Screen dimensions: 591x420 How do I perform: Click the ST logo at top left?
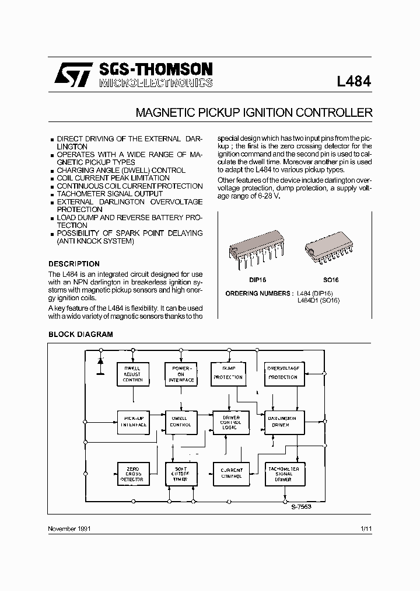pyautogui.click(x=73, y=75)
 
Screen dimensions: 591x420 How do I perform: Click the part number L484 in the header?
pyautogui.click(x=353, y=82)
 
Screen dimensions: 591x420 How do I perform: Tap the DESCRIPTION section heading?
pyautogui.click(x=74, y=264)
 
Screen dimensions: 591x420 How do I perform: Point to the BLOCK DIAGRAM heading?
pyautogui.click(x=80, y=335)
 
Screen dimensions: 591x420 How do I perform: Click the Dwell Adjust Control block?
pyautogui.click(x=133, y=374)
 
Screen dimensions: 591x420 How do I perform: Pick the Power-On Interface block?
pyautogui.click(x=181, y=374)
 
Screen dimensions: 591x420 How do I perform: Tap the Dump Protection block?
pyautogui.click(x=228, y=374)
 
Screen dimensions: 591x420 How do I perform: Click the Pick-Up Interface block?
pyautogui.click(x=133, y=421)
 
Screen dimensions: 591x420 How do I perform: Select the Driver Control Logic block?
pyautogui.click(x=231, y=421)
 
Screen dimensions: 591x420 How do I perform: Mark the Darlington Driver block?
pyautogui.click(x=282, y=421)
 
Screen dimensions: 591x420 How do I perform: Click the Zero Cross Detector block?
pyautogui.click(x=132, y=474)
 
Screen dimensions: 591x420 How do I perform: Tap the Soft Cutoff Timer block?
pyautogui.click(x=181, y=474)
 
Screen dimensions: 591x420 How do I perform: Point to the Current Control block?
pyautogui.click(x=231, y=473)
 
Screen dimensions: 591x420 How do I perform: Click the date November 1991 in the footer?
pyautogui.click(x=69, y=528)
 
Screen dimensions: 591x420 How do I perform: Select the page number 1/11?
pyautogui.click(x=366, y=528)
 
